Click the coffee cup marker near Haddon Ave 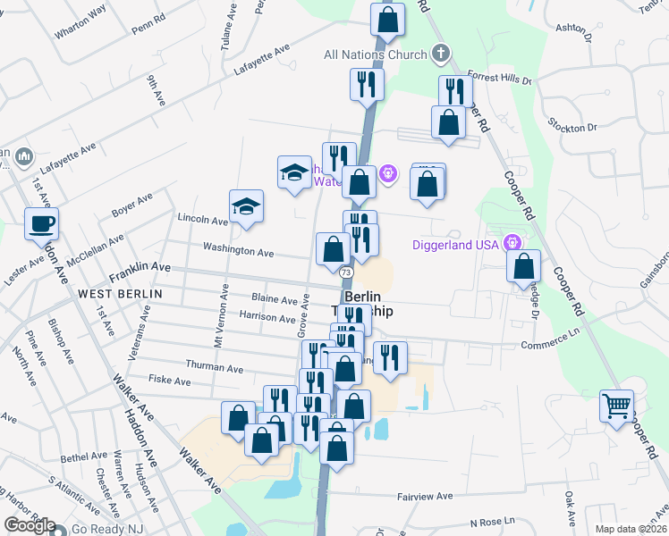click(x=42, y=223)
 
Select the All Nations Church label click(x=375, y=55)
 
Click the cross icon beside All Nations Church click(x=439, y=54)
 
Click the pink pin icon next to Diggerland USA click(x=512, y=242)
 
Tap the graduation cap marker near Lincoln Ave click(x=246, y=207)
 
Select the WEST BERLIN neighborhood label click(x=120, y=293)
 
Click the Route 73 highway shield click(x=346, y=271)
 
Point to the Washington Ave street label click(x=238, y=251)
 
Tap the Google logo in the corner click(x=30, y=525)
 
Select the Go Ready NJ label click(x=106, y=529)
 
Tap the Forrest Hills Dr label click(x=499, y=80)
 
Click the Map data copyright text click(x=630, y=529)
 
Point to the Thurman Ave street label click(x=214, y=367)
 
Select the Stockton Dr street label click(x=572, y=128)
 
